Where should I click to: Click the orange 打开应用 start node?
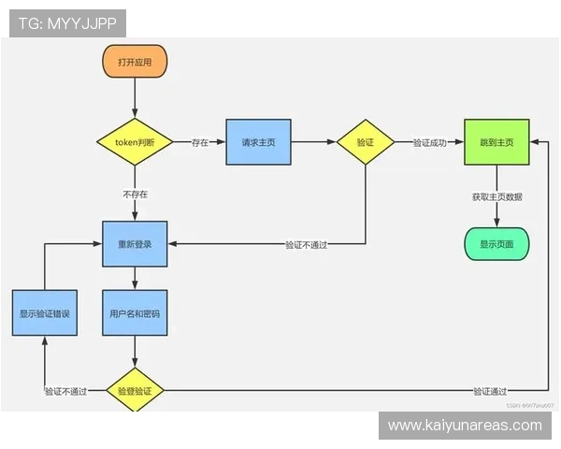(135, 62)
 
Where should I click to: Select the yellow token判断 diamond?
(135, 142)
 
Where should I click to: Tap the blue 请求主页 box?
(258, 142)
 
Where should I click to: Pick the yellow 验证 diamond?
(366, 142)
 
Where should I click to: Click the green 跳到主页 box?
(496, 142)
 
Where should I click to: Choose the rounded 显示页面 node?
(496, 244)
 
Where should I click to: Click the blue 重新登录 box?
(135, 244)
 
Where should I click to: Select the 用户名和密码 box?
(135, 313)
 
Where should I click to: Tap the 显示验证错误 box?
(45, 313)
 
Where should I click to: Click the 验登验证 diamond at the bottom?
(135, 390)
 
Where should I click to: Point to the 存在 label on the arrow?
(200, 142)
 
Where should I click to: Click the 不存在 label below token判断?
(135, 195)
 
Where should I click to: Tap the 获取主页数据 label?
(496, 197)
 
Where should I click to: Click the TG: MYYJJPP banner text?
(67, 23)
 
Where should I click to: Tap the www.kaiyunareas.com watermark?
(465, 426)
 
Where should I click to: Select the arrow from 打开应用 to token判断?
(135, 97)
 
